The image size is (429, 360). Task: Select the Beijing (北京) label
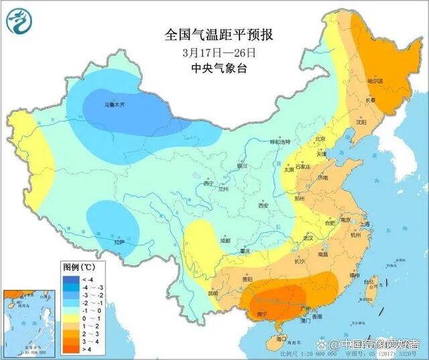320,139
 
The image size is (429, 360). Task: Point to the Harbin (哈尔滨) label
375,80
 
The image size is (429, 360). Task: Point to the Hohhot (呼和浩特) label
280,142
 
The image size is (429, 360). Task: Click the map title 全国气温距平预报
219,34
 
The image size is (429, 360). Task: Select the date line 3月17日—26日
219,52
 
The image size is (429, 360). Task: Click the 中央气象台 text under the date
219,67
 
